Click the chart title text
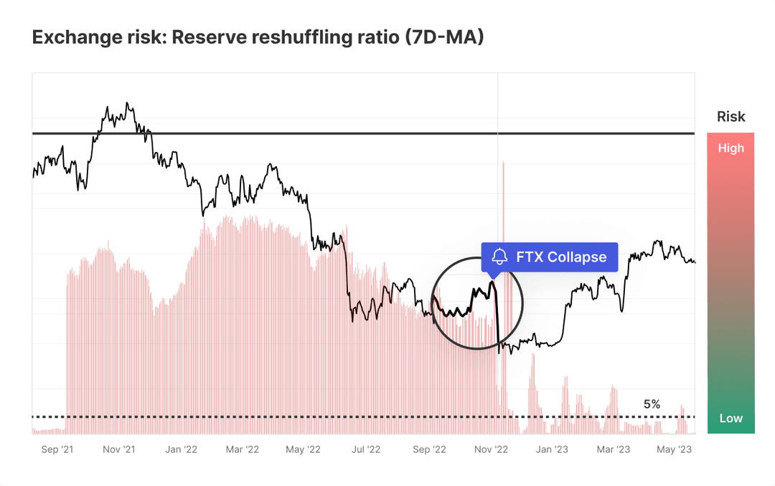pos(258,38)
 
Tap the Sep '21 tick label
pos(57,449)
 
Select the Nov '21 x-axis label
pos(119,449)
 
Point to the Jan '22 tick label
pos(181,449)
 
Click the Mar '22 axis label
pos(243,449)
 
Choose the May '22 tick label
pos(304,449)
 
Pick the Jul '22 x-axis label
pos(366,449)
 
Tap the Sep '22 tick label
pos(429,449)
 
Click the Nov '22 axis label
pos(492,449)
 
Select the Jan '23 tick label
pos(553,449)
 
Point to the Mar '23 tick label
pos(614,449)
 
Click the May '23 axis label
pos(675,449)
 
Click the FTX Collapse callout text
pos(561,257)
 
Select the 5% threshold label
pos(652,404)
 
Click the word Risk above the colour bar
pos(731,117)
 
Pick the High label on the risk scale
pos(731,148)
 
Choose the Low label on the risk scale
pos(731,419)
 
